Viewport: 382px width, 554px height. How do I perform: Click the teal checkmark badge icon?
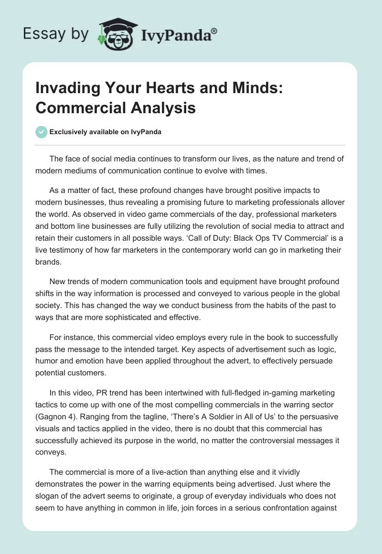[x=42, y=132]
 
